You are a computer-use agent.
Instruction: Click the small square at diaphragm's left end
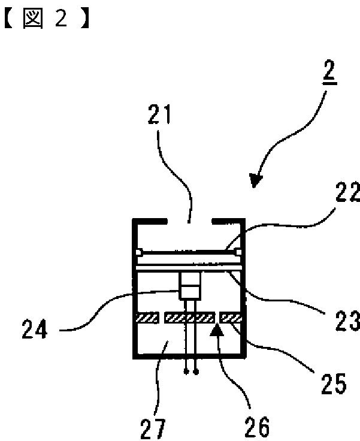coord(139,250)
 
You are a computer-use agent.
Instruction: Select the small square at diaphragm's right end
coord(238,250)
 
